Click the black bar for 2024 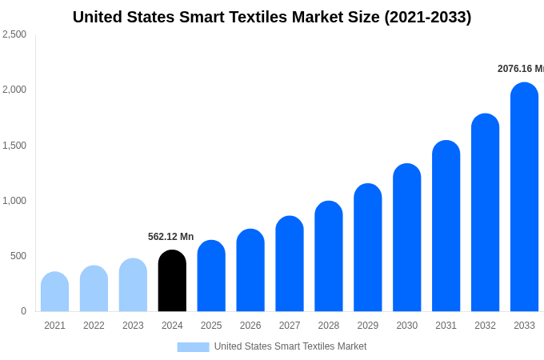[x=172, y=281]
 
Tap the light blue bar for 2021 [x=54, y=292]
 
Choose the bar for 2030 [x=406, y=238]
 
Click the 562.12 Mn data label [x=170, y=237]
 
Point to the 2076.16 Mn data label [x=520, y=69]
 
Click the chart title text [x=272, y=17]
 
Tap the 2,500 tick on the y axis [x=14, y=34]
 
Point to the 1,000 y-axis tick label [x=14, y=201]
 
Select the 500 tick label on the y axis [x=18, y=256]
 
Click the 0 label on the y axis [x=23, y=311]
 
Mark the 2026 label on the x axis [x=250, y=326]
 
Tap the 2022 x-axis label [x=94, y=326]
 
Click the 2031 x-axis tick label [x=446, y=326]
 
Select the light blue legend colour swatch [x=193, y=347]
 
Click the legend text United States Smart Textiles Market [x=290, y=346]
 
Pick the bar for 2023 [x=133, y=285]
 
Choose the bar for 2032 [x=485, y=213]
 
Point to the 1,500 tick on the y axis [x=14, y=146]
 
